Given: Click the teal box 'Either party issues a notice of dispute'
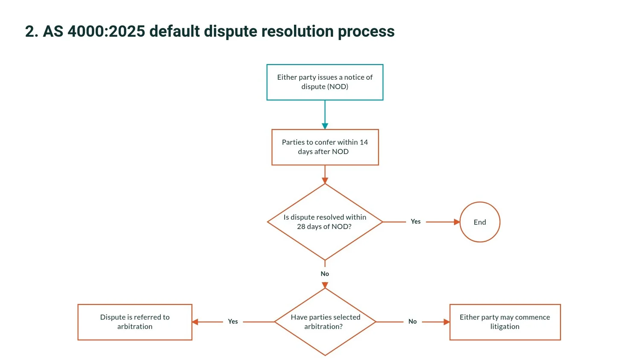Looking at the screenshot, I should [x=325, y=82].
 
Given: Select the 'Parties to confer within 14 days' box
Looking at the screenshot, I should [x=325, y=147].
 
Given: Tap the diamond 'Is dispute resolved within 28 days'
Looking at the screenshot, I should [x=325, y=222].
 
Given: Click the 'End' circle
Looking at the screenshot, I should [x=480, y=222].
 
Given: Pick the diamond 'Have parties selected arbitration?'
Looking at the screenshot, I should [x=325, y=322].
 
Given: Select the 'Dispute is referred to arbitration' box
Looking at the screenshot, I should [x=135, y=322].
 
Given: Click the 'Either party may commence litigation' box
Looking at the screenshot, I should [x=505, y=322].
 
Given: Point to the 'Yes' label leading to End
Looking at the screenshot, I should [x=416, y=221].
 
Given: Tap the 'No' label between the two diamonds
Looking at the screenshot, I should [x=325, y=274].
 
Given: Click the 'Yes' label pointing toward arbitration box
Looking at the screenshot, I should [x=233, y=322].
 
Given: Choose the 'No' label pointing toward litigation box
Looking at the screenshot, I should [x=413, y=322].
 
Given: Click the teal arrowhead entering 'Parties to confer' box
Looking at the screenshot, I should [x=325, y=126].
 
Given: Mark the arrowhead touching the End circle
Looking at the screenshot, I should [x=457, y=222].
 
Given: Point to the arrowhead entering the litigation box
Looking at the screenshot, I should [x=447, y=322].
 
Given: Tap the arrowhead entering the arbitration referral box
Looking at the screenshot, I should [x=195, y=322].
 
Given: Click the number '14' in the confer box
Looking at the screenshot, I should [x=364, y=142].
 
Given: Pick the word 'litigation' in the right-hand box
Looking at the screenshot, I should [x=505, y=327].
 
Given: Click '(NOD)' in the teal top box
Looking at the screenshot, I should [x=338, y=87].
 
